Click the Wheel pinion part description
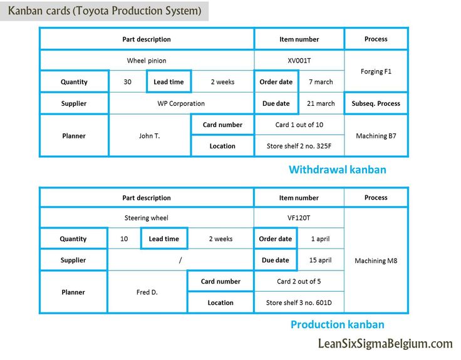147,61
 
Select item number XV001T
299,61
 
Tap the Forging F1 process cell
376,71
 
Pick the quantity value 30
127,81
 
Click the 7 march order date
321,81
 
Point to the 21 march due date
321,103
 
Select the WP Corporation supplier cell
181,103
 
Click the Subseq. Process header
376,103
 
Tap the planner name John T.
149,136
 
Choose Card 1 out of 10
299,125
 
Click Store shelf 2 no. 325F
299,146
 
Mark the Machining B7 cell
376,136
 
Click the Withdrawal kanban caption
337,170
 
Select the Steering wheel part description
146,218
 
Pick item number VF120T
299,218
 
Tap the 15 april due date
320,260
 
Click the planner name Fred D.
147,292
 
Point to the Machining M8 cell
376,260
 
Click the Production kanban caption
337,324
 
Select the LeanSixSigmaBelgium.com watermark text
385,344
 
